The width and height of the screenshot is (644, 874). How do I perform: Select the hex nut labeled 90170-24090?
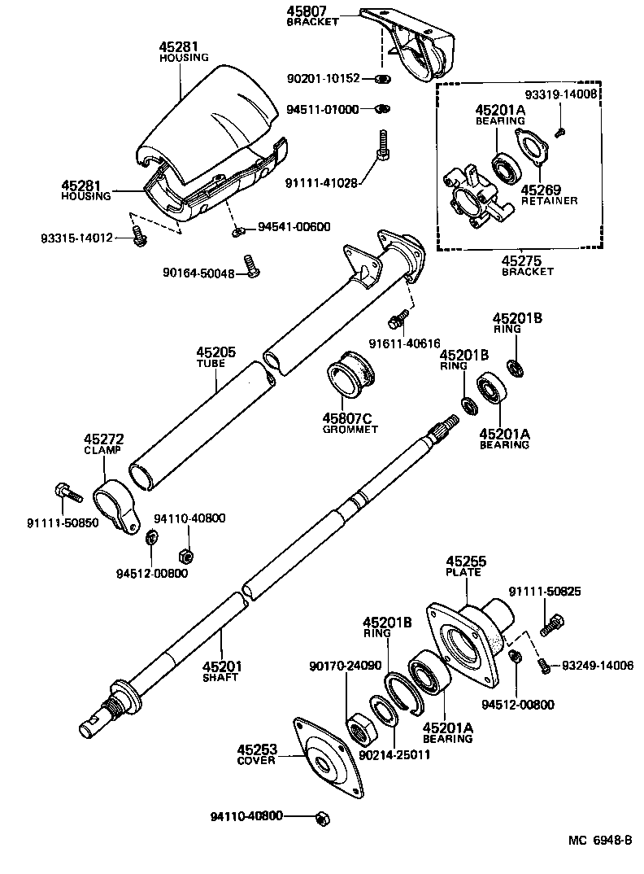coord(359,727)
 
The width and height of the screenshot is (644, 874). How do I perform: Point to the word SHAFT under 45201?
coord(220,677)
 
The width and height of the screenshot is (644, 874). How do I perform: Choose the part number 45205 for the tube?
coord(215,353)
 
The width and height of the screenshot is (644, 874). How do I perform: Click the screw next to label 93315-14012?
coord(138,238)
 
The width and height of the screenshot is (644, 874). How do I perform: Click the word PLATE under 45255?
coord(464,572)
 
